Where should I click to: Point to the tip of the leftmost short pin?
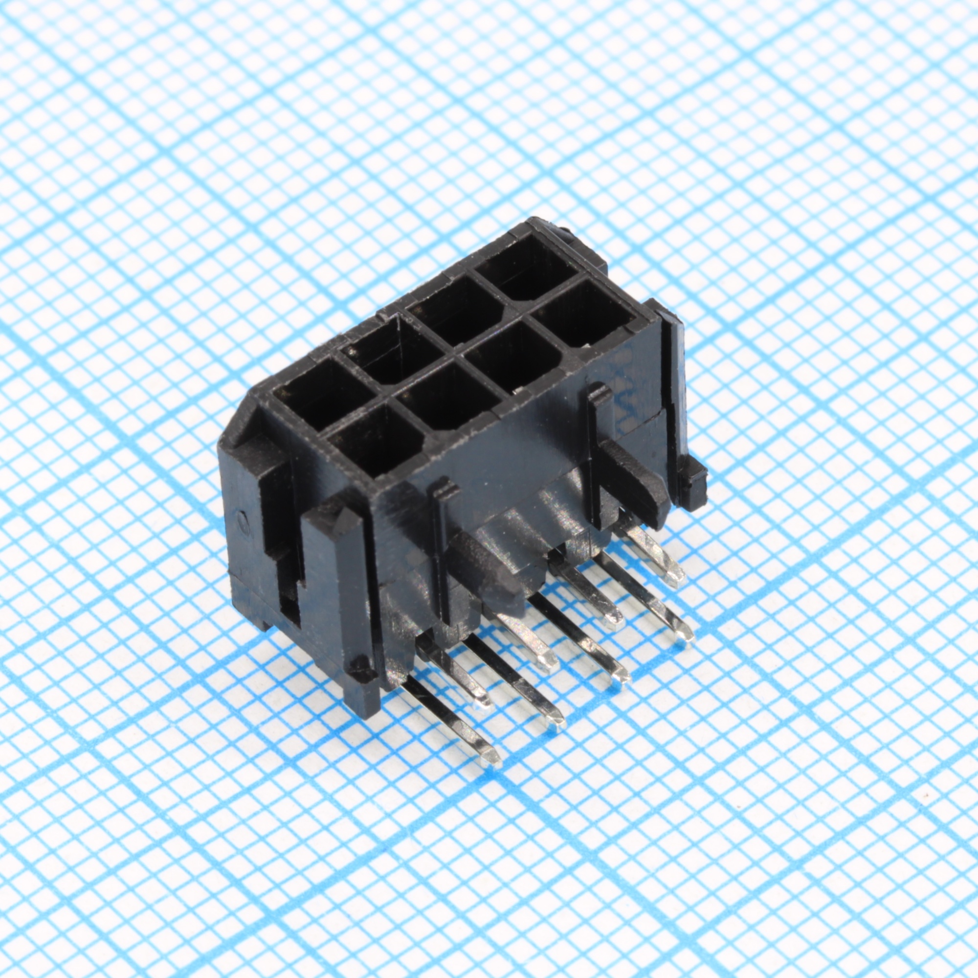coord(481,701)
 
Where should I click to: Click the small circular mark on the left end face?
coord(244,520)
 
